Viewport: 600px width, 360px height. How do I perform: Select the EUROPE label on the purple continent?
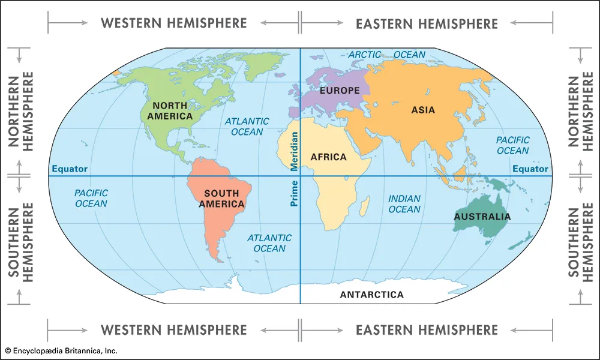(x=340, y=91)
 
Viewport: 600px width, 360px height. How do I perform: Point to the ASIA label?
(x=423, y=110)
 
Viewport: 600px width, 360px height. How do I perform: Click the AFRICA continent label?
(x=328, y=157)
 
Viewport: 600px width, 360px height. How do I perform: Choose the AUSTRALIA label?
(x=482, y=217)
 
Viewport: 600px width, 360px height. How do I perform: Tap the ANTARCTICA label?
(x=371, y=295)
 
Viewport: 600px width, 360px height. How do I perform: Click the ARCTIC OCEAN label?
(x=387, y=55)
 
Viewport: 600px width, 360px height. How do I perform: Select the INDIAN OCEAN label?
(x=404, y=204)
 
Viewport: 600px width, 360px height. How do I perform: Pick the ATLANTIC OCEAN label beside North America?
(x=247, y=126)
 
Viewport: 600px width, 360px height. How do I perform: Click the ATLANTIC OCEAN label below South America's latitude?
(x=269, y=243)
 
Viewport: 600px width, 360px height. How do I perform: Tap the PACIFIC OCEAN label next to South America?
(x=91, y=198)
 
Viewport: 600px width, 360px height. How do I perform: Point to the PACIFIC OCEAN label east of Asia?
(x=512, y=145)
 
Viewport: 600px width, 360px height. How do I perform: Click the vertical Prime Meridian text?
(x=294, y=169)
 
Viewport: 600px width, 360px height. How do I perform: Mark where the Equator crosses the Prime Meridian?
(x=300, y=176)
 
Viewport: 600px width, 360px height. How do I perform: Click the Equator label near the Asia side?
(x=530, y=169)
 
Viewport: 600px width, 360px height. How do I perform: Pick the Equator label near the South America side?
(x=70, y=169)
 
